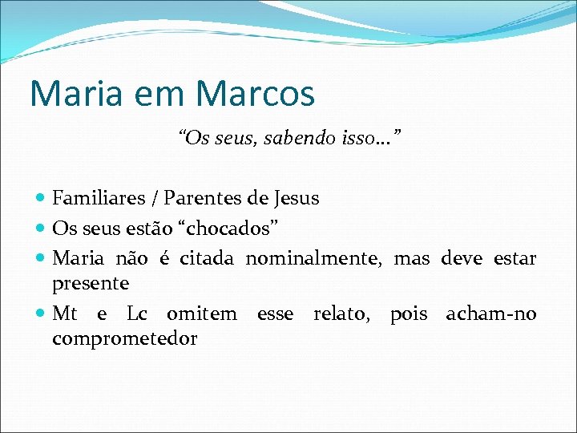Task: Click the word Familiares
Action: [99, 198]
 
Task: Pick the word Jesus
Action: [296, 198]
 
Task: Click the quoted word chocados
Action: [232, 229]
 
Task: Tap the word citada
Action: [207, 258]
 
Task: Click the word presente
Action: [91, 284]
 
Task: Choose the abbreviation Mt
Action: [65, 314]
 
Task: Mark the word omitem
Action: [202, 314]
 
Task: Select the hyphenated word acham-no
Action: [491, 314]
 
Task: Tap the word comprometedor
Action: [124, 339]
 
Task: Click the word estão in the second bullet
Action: [155, 229]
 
